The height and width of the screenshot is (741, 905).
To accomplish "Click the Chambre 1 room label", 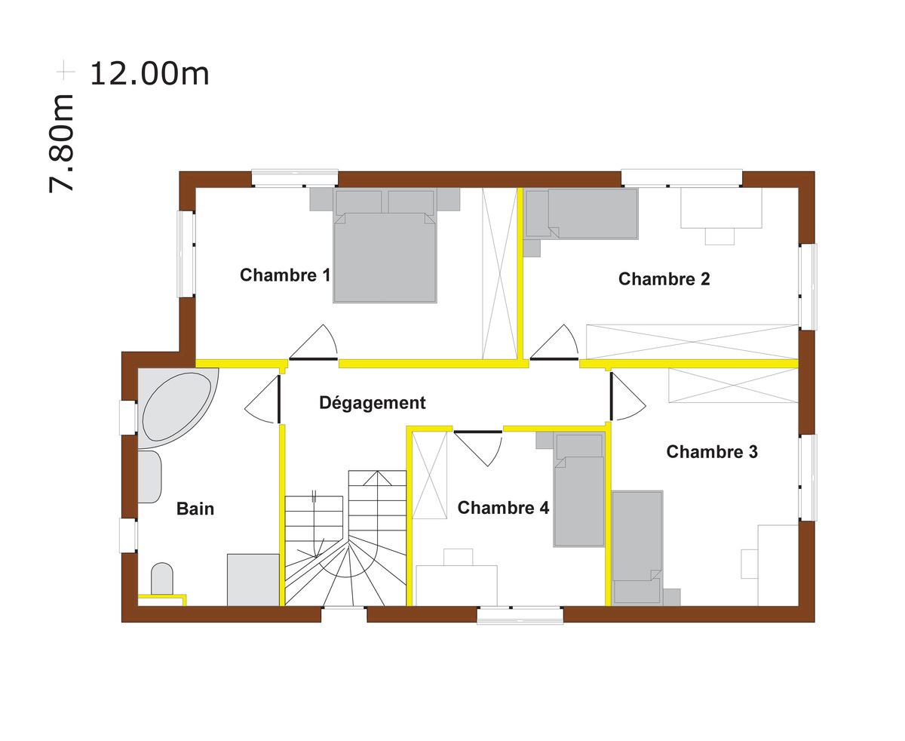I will pyautogui.click(x=284, y=275).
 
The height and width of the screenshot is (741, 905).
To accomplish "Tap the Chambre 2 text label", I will pyautogui.click(x=664, y=279).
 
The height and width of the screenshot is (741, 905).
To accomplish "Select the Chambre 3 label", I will pyautogui.click(x=712, y=452).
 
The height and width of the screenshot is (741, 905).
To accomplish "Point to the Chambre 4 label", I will pyautogui.click(x=503, y=508).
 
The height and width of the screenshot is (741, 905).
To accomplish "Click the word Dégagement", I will pyautogui.click(x=372, y=403).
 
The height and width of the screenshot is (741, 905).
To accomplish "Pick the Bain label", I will pyautogui.click(x=195, y=509).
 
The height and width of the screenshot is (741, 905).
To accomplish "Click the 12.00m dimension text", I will pyautogui.click(x=149, y=74).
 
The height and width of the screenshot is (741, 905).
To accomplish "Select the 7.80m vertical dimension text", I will pyautogui.click(x=62, y=143).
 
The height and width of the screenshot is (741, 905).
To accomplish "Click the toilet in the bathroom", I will pyautogui.click(x=162, y=579).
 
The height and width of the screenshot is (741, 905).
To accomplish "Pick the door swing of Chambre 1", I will pyautogui.click(x=315, y=343).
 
